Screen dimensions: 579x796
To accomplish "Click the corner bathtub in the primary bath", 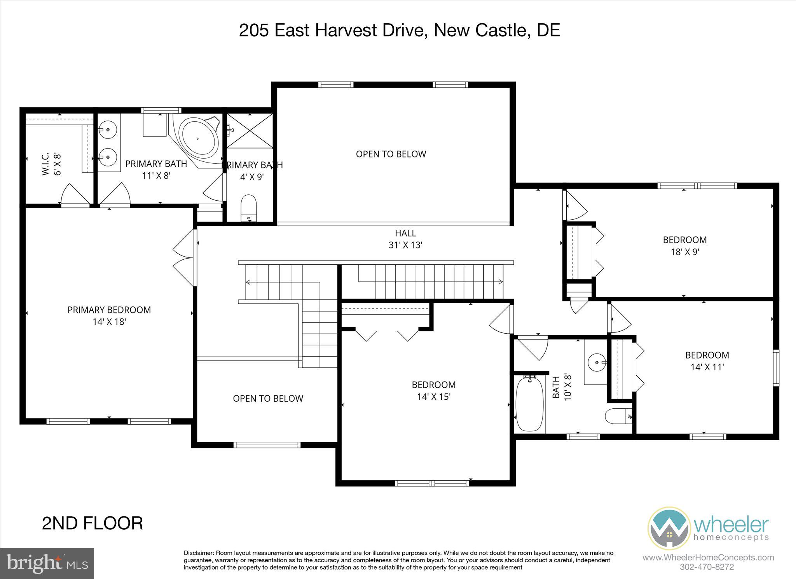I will [x=198, y=138].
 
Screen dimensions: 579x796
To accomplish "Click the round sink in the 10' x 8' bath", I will [x=595, y=362].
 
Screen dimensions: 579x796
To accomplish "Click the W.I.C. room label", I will [x=46, y=164].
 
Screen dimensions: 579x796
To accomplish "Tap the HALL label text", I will [x=405, y=233].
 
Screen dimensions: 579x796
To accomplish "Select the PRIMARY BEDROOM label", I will [x=109, y=310].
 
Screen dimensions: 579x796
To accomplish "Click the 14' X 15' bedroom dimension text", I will [x=434, y=397].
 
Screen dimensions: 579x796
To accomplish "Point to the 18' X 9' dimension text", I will [x=685, y=252].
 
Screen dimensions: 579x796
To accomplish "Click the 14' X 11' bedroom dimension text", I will [x=707, y=367].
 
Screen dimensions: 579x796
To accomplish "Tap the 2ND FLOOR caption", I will [x=93, y=523].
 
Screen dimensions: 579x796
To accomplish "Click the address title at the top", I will [x=399, y=30].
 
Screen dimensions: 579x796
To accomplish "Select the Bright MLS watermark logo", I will [x=47, y=563].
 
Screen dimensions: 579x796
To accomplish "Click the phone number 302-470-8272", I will [x=707, y=567].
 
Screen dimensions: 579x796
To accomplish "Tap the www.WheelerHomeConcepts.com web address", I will [x=708, y=558].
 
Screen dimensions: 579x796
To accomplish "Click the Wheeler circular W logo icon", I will [x=669, y=528].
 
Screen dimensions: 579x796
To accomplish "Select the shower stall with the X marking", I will [x=250, y=131].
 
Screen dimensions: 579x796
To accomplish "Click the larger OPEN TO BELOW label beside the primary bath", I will [x=391, y=154].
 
